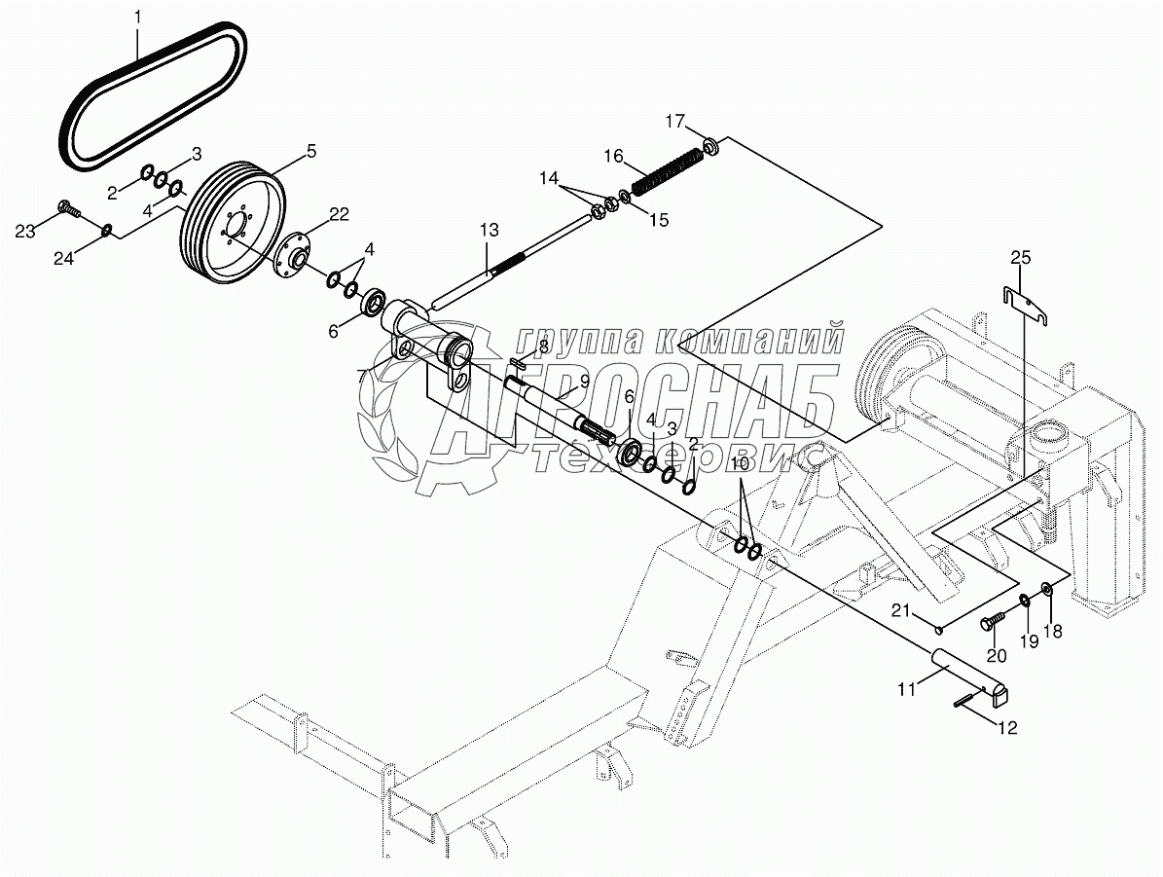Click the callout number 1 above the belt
click(x=137, y=17)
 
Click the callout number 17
click(x=673, y=122)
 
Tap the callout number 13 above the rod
click(x=489, y=230)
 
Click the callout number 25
click(x=1019, y=258)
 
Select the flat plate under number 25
click(x=1026, y=306)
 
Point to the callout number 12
click(x=1007, y=727)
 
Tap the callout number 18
click(x=1052, y=631)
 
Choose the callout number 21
click(x=900, y=610)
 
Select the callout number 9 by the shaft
click(x=584, y=381)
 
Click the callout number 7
click(x=362, y=376)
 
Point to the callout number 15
click(x=659, y=220)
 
